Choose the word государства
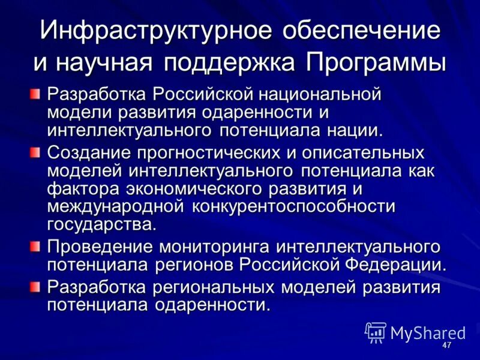coord(101,224)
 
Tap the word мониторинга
coord(202,247)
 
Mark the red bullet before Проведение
coord(36,246)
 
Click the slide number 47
coord(446,347)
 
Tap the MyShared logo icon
coord(376,332)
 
